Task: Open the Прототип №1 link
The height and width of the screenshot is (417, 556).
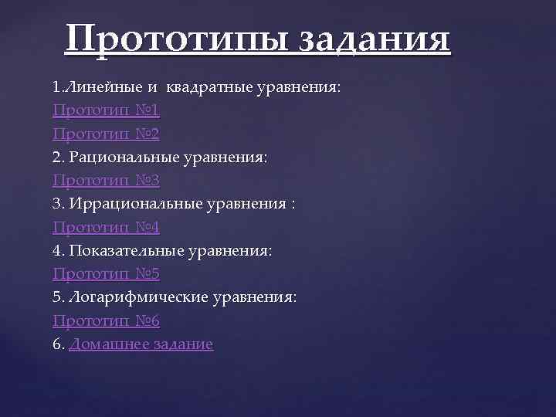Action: (106, 110)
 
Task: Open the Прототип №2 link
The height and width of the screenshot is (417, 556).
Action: (106, 134)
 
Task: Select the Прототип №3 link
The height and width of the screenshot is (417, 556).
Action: (106, 181)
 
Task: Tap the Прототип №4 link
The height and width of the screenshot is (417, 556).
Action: (106, 227)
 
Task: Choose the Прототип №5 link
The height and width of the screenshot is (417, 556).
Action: (106, 274)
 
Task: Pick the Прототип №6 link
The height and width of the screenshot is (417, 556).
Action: (106, 320)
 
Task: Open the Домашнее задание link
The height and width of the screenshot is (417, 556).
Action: (141, 344)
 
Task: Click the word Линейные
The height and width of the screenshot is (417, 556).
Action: (98, 87)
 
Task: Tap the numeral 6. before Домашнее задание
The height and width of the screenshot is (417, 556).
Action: (59, 344)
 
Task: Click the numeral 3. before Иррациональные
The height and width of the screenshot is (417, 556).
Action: (59, 204)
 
